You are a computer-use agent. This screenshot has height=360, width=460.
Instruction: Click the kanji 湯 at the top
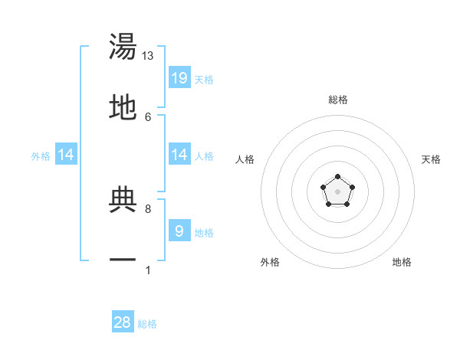123,47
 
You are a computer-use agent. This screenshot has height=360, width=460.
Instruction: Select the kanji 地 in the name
123,108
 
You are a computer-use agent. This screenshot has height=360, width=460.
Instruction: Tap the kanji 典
123,200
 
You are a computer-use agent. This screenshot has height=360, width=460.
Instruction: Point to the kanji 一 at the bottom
123,260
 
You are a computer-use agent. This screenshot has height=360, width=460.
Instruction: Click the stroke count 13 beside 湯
148,56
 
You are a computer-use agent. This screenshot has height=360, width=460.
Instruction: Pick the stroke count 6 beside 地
148,116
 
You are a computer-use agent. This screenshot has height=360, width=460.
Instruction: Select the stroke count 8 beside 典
148,208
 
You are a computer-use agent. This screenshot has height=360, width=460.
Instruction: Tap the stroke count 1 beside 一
148,270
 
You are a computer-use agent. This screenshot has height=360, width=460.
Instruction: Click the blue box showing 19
179,77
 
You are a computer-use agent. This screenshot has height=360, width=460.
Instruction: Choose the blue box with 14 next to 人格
179,155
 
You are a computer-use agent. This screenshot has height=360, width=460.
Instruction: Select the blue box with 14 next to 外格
66,155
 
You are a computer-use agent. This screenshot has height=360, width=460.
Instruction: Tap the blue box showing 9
179,231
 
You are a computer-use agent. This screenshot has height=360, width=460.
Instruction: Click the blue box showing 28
123,322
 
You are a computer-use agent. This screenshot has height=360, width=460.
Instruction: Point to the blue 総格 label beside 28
147,324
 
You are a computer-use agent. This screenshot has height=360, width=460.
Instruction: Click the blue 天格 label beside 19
204,79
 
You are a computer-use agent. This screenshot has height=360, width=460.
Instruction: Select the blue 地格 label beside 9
204,233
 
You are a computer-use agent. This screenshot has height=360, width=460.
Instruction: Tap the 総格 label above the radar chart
338,100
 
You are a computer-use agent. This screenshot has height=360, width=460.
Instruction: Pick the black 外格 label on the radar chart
270,262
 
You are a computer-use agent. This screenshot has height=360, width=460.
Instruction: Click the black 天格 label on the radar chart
431,159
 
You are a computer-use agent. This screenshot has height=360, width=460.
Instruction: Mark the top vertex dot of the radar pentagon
337,178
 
